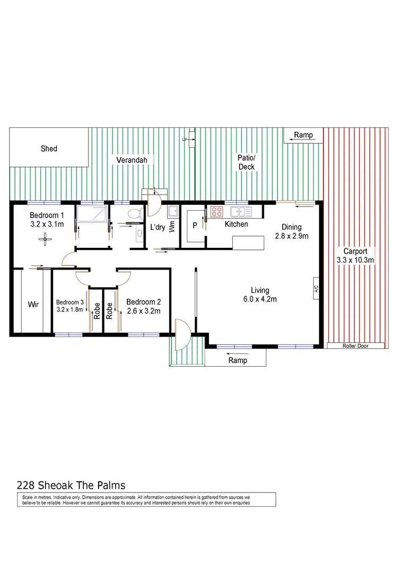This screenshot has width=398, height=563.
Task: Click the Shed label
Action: (49, 149)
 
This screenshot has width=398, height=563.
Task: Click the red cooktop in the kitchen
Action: (217, 211)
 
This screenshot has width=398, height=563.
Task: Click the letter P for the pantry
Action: (194, 225)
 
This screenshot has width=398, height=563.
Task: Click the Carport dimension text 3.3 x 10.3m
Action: (356, 260)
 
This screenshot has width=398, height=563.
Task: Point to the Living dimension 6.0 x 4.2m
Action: (261, 299)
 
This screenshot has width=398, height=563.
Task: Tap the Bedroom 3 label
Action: (70, 303)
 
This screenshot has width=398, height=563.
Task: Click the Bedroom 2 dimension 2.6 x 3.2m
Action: (143, 311)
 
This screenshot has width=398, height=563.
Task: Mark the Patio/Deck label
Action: (247, 162)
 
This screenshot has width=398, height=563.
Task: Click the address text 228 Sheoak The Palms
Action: (71, 484)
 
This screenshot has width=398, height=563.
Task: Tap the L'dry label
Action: (158, 227)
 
